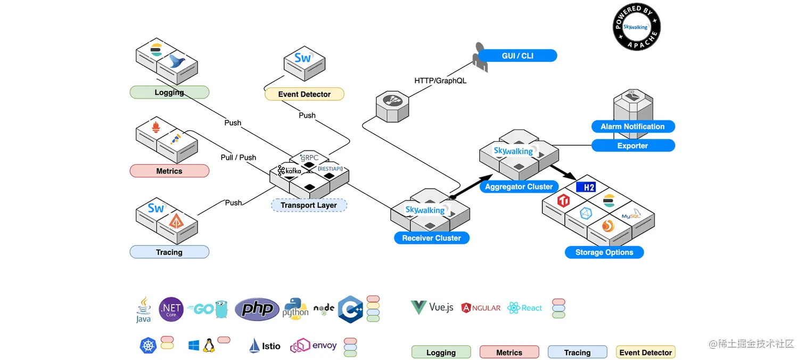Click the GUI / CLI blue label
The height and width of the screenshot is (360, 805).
pyautogui.click(x=517, y=56)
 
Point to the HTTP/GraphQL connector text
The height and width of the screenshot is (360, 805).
pyautogui.click(x=440, y=81)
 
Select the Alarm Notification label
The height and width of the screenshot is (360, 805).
pyautogui.click(x=632, y=127)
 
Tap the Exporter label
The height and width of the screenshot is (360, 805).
pyautogui.click(x=632, y=146)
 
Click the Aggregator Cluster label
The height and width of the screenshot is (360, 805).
pyautogui.click(x=519, y=187)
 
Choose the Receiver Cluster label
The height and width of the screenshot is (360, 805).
pyautogui.click(x=431, y=238)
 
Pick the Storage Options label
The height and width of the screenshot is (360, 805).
pyautogui.click(x=604, y=252)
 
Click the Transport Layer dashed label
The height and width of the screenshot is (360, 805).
pyautogui.click(x=309, y=206)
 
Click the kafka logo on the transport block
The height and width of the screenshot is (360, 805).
pyautogui.click(x=290, y=171)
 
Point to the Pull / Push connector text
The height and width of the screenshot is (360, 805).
pyautogui.click(x=239, y=158)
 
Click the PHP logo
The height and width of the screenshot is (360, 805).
pyautogui.click(x=257, y=309)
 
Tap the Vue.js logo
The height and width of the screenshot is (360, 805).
pyautogui.click(x=432, y=307)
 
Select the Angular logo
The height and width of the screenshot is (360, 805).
pyautogui.click(x=481, y=308)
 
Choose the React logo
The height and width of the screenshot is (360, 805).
pyautogui.click(x=524, y=308)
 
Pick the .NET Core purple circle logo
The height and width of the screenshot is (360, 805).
pyautogui.click(x=171, y=309)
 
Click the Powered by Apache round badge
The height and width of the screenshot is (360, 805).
pyautogui.click(x=637, y=27)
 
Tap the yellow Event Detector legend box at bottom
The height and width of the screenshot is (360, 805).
pyautogui.click(x=645, y=353)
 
